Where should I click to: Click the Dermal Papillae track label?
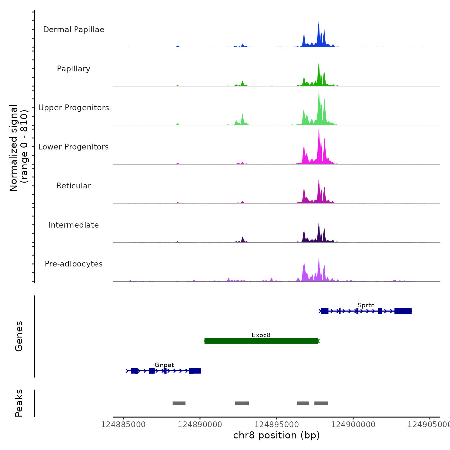pos(74,30)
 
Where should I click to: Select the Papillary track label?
pos(74,69)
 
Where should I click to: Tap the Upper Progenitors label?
pos(74,108)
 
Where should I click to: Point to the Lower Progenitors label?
pos(74,147)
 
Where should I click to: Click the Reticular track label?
pos(74,186)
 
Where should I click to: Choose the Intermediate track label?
pos(74,225)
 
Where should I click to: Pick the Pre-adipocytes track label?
pos(74,264)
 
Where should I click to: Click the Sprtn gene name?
pos(366,305)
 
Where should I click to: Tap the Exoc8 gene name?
pos(261,335)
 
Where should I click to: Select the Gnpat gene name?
pos(164,365)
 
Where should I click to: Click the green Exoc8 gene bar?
pos(261,341)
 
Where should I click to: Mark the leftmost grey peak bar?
pos(179,403)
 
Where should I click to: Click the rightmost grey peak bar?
pos(321,403)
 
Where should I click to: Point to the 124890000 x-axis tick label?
pos(200,425)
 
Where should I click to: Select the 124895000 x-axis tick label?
pos(276,425)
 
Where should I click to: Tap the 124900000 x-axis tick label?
pos(353,425)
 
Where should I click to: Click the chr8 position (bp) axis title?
pos(276,435)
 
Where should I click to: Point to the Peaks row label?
pos(19,403)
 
